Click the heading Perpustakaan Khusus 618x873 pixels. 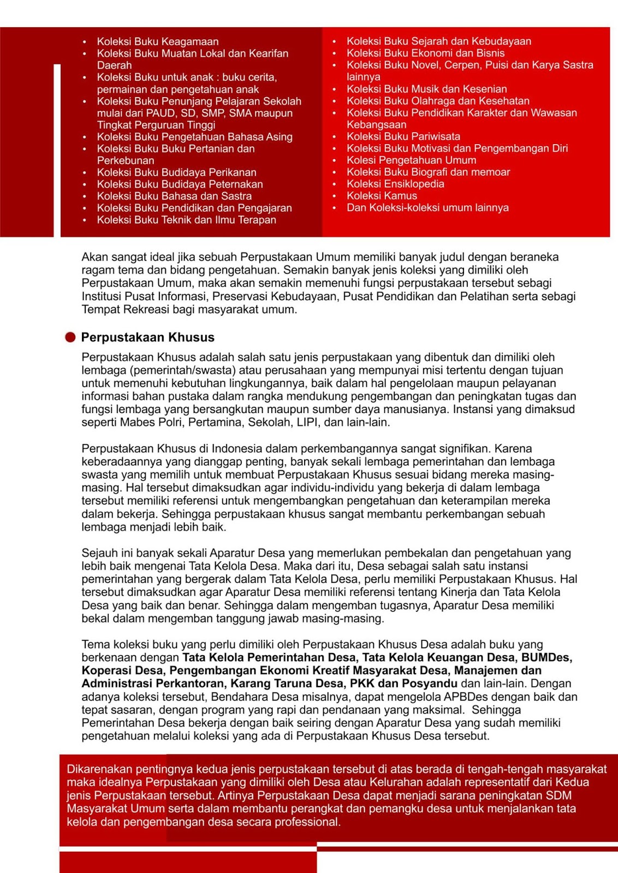tap(147, 337)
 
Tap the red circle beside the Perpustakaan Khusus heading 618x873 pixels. tap(70, 337)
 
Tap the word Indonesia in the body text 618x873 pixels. tap(237, 449)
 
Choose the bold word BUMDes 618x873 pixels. tap(546, 657)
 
